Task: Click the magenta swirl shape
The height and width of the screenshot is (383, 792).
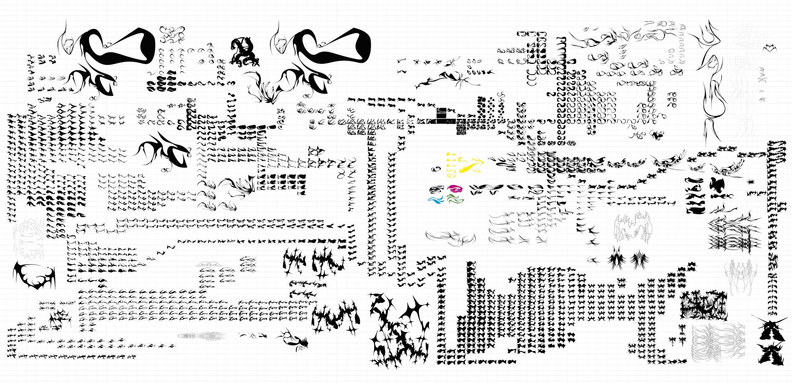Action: point(455,189)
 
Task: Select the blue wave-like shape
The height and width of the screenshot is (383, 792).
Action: point(436,200)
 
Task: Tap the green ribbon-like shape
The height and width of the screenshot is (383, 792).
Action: point(455,200)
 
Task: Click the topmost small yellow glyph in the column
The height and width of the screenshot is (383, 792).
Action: point(451,154)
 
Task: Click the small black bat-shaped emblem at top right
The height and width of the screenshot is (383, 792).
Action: point(769,48)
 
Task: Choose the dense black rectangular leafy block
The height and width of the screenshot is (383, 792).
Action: point(703,305)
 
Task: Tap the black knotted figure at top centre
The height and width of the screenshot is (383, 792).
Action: point(244,51)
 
